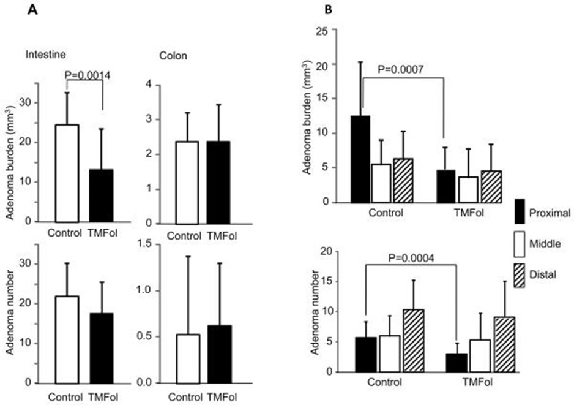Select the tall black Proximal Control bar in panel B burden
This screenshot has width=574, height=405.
click(361, 159)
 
